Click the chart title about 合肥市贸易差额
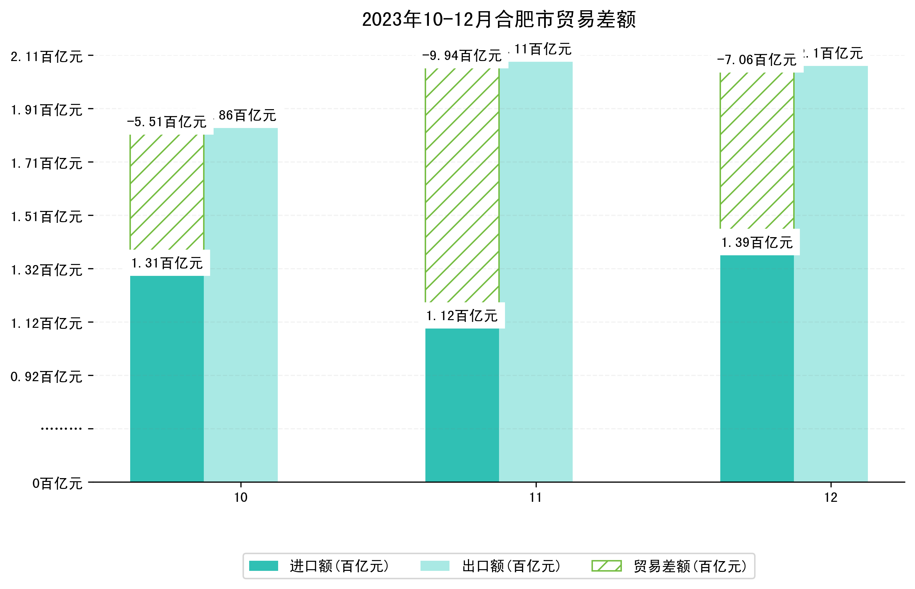pos(499,20)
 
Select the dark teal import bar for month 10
pos(167,379)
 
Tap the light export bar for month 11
pos(536,272)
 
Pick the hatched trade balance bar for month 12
pos(757,151)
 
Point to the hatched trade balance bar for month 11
pos(462,185)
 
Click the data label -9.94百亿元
pos(462,56)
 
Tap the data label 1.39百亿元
pos(757,242)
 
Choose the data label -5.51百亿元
pos(167,122)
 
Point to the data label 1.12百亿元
pos(462,316)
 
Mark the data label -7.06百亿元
pos(757,60)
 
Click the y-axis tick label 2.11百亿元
pos(46,56)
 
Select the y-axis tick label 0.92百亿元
pos(46,377)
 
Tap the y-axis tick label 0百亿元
pos(57,483)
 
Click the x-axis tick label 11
pos(536,498)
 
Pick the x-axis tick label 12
pos(831,498)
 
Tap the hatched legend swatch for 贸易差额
pos(606,566)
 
